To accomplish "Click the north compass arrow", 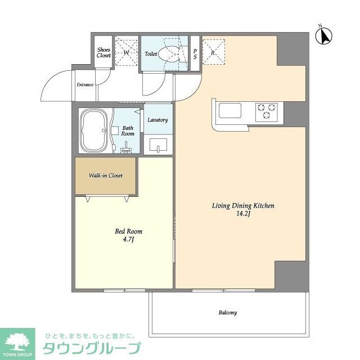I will [x=325, y=35].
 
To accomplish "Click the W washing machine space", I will [x=126, y=53].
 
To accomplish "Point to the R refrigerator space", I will [x=213, y=52].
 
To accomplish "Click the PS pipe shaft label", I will [x=195, y=53].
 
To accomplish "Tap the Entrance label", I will [x=85, y=85].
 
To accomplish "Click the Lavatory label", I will [x=157, y=120].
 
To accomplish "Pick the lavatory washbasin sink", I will [x=158, y=146].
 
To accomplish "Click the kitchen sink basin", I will [x=231, y=110].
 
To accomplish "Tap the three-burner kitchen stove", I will [x=266, y=110].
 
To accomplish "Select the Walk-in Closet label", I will [x=105, y=175].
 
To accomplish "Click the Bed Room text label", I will [x=128, y=231].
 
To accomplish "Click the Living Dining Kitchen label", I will [x=242, y=206].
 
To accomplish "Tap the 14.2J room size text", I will [x=242, y=214].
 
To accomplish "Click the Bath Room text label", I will [x=128, y=131].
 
